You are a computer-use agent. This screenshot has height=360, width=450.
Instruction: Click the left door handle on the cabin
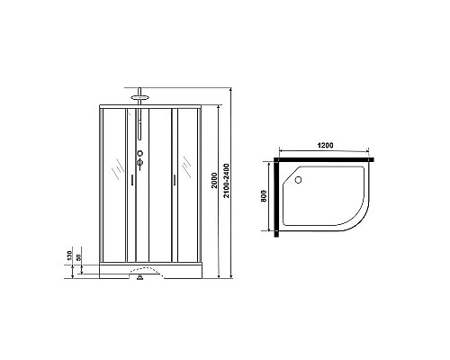click(131, 181)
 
